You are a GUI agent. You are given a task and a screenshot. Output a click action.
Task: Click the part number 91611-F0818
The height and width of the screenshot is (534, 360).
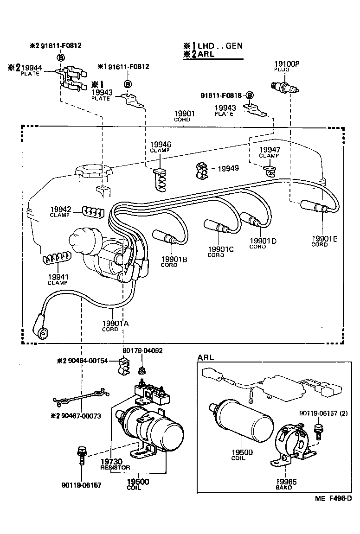tap(222, 95)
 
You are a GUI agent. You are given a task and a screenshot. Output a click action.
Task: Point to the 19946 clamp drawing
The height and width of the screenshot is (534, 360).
tap(159, 178)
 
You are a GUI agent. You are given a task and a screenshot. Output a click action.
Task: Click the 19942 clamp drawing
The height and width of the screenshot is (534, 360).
tap(92, 211)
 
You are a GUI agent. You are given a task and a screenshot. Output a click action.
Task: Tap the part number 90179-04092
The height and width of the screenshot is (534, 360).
tap(142, 351)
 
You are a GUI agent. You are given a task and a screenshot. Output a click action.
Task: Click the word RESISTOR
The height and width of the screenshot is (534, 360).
tap(116, 467)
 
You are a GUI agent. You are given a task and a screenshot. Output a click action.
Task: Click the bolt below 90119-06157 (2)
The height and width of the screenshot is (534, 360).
tap(318, 431)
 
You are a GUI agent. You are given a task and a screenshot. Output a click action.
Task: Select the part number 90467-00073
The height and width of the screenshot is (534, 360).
tap(81, 416)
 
